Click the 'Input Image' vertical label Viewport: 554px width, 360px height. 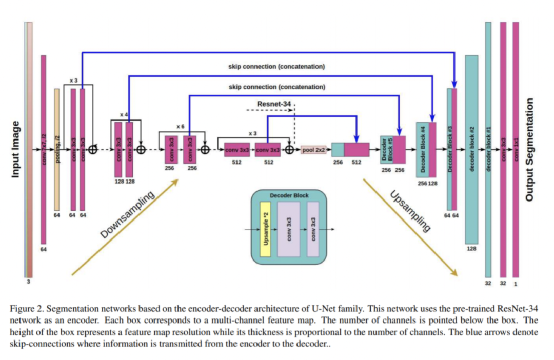click(15, 149)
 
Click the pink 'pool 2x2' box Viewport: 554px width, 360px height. click(313, 150)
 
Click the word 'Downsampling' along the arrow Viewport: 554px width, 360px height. click(127, 215)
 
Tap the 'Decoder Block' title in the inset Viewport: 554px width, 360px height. click(288, 195)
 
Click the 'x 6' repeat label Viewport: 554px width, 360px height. click(180, 127)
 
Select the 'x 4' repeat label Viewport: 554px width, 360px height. click(123, 114)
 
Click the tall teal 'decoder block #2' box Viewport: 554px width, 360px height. click(471, 149)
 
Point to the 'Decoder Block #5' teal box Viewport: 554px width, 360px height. click(387, 150)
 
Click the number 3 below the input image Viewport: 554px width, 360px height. click(29, 281)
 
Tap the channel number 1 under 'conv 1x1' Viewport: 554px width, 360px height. click(516, 283)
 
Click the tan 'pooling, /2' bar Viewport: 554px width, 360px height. click(57, 149)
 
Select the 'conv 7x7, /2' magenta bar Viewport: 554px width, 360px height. click(44, 149)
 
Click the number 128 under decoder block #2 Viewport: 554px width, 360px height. click(471, 248)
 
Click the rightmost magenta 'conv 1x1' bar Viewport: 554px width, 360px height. click(516, 149)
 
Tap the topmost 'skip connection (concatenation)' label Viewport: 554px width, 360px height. click(276, 67)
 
